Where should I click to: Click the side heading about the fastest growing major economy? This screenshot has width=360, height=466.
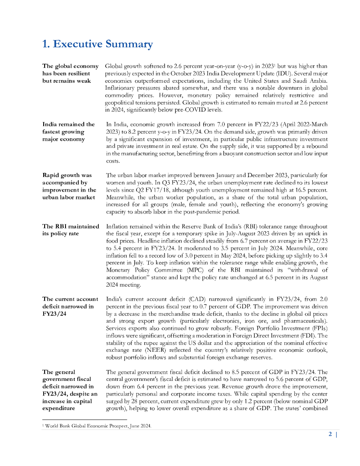[68, 132]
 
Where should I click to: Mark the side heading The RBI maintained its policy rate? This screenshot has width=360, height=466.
[71, 230]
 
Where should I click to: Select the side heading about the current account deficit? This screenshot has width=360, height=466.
[70, 306]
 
